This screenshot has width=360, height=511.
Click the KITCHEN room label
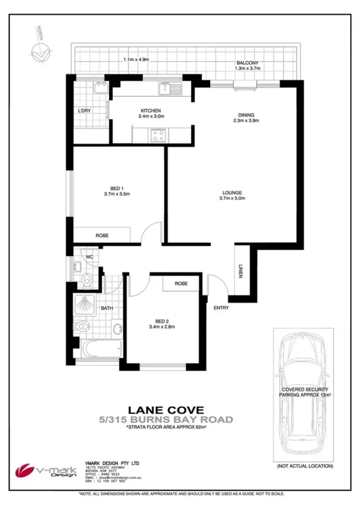tap(150, 110)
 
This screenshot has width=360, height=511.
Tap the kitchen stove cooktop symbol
tap(158, 136)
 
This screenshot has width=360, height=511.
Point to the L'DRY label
tap(84, 111)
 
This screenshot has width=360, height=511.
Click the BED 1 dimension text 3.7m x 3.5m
tap(117, 194)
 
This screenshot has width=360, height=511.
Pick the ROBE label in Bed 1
tap(102, 235)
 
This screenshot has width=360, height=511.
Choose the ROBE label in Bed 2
tap(181, 284)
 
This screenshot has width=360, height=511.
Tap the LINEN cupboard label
tap(241, 271)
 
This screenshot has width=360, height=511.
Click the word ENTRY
tap(221, 308)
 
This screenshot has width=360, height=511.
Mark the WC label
tap(89, 256)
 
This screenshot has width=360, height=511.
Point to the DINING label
tap(246, 115)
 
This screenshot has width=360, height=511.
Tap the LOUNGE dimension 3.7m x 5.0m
tap(232, 198)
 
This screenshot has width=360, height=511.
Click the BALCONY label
tap(246, 63)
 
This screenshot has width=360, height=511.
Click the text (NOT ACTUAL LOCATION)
tap(304, 466)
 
